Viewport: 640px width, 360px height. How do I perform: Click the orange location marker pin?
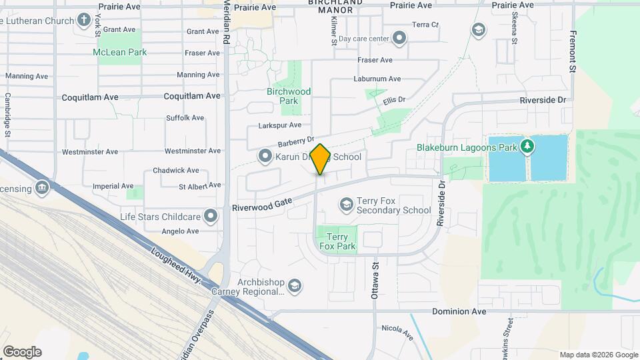coord(321,159)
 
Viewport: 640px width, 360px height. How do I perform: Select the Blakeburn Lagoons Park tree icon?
coord(528,146)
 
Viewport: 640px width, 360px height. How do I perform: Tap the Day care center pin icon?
coord(399,38)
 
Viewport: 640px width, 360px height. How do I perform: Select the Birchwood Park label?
coord(289,96)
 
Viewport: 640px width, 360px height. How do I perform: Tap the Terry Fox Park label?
coord(337,241)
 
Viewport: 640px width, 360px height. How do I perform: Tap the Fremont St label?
coord(573,51)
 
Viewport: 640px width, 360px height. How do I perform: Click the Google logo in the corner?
coord(22,351)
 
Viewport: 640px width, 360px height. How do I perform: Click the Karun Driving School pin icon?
coord(265,157)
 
